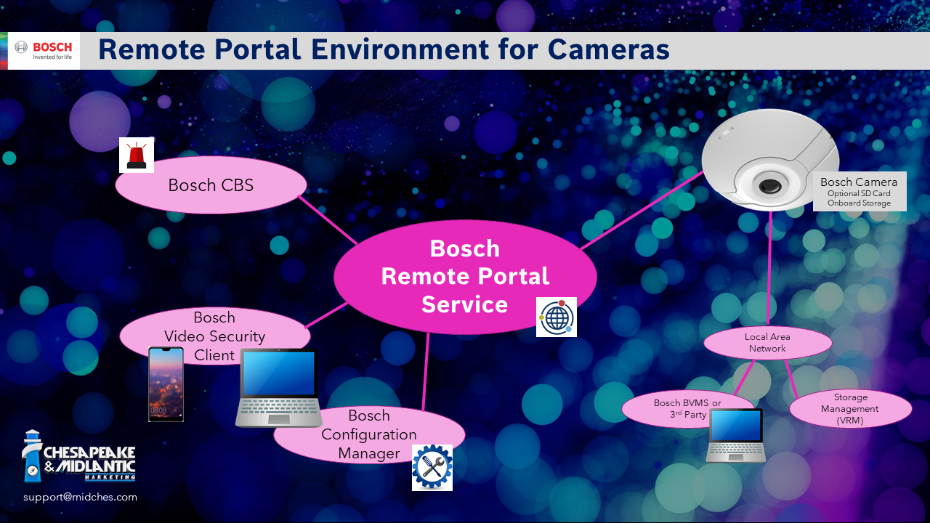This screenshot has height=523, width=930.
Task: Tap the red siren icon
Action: [x=137, y=155]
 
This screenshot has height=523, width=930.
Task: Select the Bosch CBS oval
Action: [x=211, y=185]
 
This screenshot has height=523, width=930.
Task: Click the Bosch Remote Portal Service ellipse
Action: [x=465, y=277]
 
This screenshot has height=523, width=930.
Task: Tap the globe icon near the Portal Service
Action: [x=557, y=317]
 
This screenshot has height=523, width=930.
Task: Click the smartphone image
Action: [x=166, y=384]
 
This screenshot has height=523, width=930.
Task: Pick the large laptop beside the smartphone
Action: [x=279, y=387]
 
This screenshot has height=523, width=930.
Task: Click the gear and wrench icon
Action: [x=432, y=467]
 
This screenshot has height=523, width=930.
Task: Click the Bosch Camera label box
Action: [x=859, y=192]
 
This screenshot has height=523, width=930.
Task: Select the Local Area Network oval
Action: [x=767, y=343]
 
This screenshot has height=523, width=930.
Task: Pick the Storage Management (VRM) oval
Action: [x=850, y=408]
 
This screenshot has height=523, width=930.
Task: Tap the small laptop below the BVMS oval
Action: [x=736, y=434]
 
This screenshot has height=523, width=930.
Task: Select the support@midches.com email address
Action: [x=80, y=498]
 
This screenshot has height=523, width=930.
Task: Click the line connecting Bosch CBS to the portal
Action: [x=327, y=220]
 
